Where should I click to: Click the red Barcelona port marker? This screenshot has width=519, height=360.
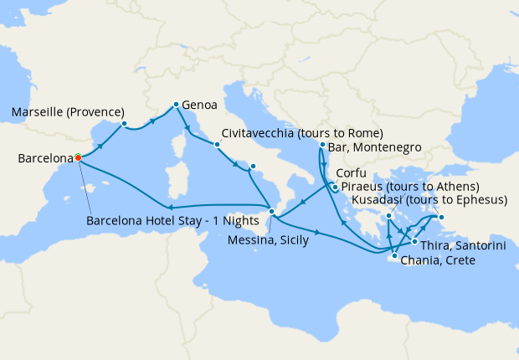(78, 157)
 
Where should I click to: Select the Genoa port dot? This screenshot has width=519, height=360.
(175, 105)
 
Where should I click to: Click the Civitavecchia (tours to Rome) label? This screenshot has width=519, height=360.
(303, 133)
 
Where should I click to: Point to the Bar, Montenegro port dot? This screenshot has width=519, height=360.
(322, 146)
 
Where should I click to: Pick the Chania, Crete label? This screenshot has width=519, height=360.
(438, 261)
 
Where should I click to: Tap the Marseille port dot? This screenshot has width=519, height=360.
(124, 124)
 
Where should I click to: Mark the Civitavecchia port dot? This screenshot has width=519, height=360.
(217, 144)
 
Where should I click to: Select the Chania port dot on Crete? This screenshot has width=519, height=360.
(393, 255)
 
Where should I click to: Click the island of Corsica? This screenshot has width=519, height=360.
(181, 143)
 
